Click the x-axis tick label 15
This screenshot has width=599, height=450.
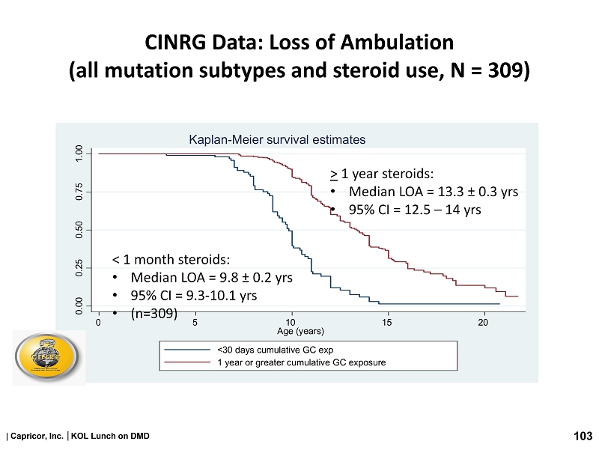(x=386, y=322)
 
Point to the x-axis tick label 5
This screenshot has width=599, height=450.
(x=195, y=322)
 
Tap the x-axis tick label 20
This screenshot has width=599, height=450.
(x=483, y=322)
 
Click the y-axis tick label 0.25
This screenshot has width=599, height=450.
(x=79, y=267)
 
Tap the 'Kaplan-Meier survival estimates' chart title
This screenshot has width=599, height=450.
(x=276, y=139)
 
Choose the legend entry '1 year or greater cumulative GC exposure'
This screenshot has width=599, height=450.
(x=301, y=362)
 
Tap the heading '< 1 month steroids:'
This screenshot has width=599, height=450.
(x=171, y=260)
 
